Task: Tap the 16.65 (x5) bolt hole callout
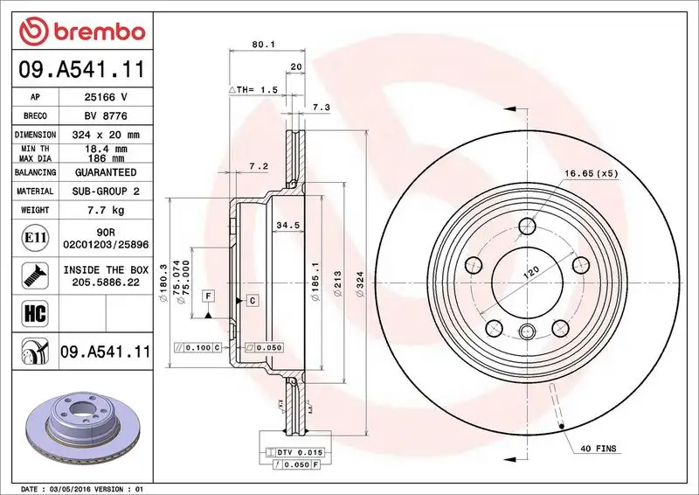[591, 173]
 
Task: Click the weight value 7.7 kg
[107, 211]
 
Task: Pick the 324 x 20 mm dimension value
[107, 135]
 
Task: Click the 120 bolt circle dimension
[529, 273]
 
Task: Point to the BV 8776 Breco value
[107, 115]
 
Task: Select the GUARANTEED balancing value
[107, 172]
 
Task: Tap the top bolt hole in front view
[527, 227]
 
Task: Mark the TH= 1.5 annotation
[253, 90]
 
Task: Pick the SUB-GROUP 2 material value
[107, 191]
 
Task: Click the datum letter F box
[209, 296]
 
